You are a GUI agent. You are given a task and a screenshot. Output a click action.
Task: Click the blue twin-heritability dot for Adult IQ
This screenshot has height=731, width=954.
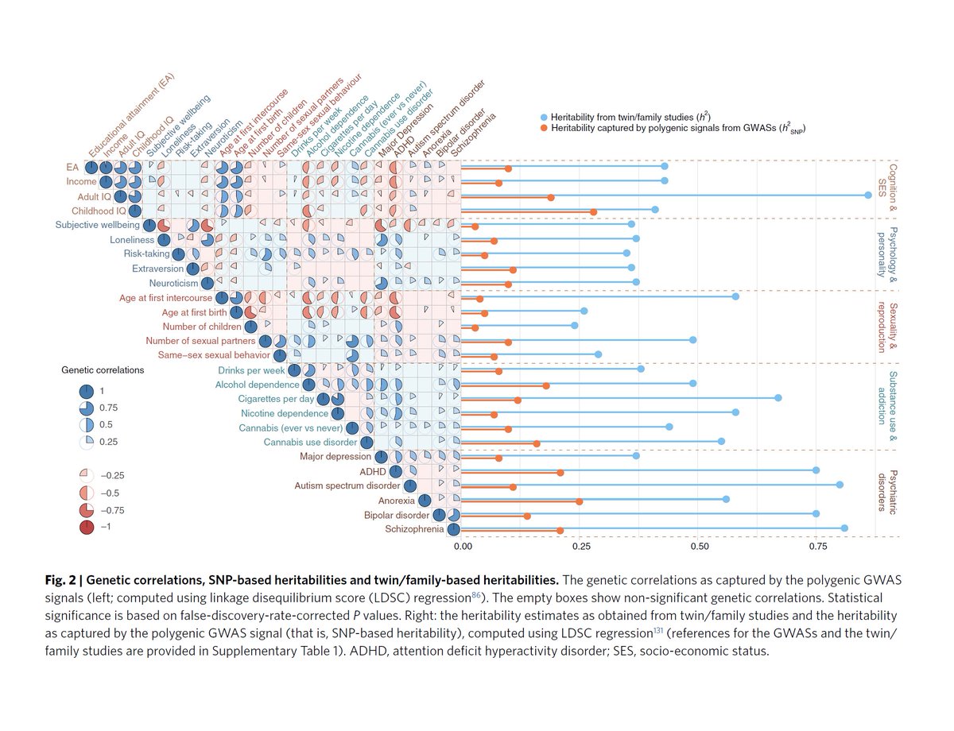click(869, 195)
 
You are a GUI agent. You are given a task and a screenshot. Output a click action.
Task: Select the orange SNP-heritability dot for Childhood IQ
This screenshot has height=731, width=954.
click(594, 212)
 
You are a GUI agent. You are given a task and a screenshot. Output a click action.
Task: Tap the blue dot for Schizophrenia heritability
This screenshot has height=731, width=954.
click(844, 528)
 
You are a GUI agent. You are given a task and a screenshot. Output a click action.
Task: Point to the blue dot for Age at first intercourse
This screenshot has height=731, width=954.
click(735, 296)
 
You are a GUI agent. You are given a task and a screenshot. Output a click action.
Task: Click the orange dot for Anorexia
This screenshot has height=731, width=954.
click(579, 501)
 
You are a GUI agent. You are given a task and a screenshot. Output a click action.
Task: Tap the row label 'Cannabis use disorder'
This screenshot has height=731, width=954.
click(309, 442)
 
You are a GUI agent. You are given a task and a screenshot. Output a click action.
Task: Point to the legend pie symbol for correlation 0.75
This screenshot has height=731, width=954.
click(87, 408)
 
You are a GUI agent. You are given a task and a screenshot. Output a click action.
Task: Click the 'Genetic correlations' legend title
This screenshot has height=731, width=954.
click(103, 370)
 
